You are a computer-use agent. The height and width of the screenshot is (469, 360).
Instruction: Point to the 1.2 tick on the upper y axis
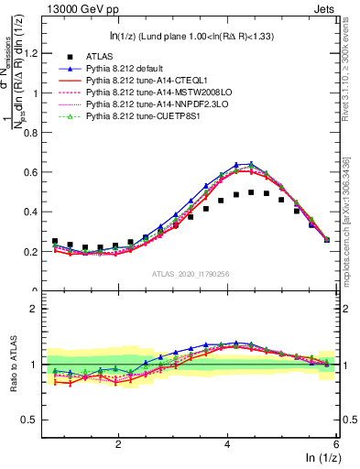point(38,53)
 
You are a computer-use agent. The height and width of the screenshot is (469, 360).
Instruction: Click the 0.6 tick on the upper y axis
point(38,172)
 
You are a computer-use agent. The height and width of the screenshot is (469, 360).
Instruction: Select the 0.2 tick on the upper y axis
point(38,251)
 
